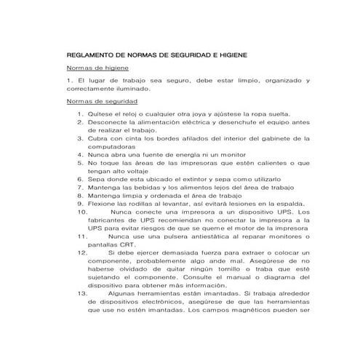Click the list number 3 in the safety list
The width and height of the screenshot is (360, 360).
[80, 137]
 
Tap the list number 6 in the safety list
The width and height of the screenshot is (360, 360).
[80, 178]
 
